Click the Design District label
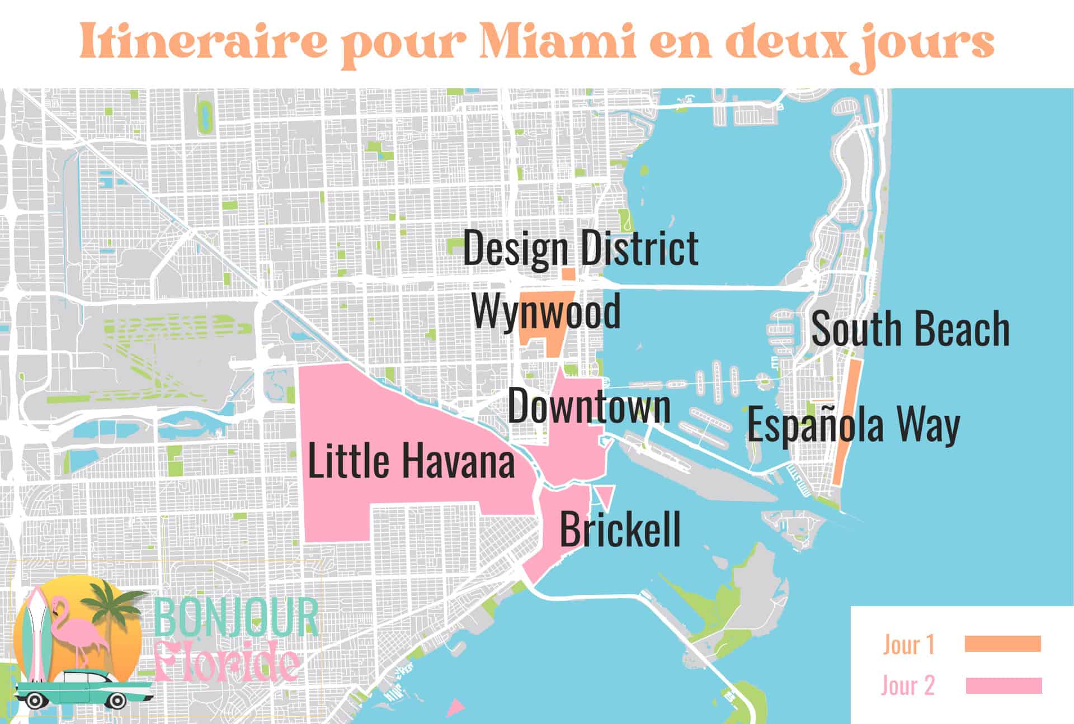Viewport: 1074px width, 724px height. click(x=581, y=248)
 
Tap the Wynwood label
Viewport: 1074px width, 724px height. click(x=546, y=311)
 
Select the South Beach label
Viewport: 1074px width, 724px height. click(x=910, y=329)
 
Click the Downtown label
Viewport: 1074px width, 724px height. click(x=589, y=406)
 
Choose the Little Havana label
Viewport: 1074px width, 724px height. click(x=411, y=461)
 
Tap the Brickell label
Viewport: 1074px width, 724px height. click(x=620, y=529)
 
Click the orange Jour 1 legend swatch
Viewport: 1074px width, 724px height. click(x=1002, y=644)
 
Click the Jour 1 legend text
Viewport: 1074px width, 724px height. click(x=909, y=645)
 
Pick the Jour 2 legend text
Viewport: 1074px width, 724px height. click(x=908, y=686)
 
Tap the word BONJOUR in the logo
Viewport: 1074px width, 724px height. click(x=235, y=618)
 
